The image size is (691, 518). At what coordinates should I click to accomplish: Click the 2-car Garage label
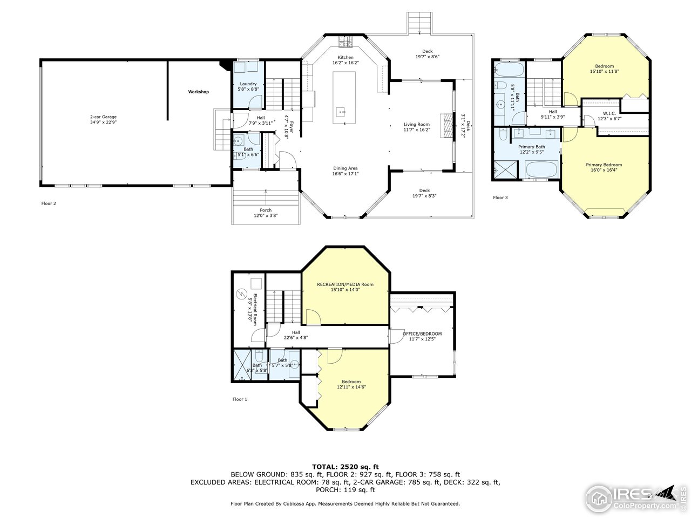click(103, 117)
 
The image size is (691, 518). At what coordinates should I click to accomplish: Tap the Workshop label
click(198, 92)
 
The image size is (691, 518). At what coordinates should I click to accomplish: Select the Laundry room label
click(248, 84)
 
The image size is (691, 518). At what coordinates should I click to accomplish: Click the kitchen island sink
click(341, 112)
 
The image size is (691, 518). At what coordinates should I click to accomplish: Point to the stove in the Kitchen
click(345, 41)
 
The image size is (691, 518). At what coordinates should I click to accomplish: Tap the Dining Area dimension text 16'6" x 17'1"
click(345, 174)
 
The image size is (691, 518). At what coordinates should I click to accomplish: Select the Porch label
click(266, 210)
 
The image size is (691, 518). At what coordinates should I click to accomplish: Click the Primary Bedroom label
click(604, 165)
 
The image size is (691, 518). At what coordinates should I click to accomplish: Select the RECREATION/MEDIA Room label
click(345, 284)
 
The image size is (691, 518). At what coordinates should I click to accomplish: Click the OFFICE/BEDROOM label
click(422, 333)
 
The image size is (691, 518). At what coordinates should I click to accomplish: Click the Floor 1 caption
click(240, 399)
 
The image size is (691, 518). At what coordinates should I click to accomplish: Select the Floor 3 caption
click(500, 197)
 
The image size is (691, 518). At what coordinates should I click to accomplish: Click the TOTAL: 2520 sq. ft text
click(345, 466)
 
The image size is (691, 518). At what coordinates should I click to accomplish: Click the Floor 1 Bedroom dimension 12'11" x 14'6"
click(351, 387)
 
